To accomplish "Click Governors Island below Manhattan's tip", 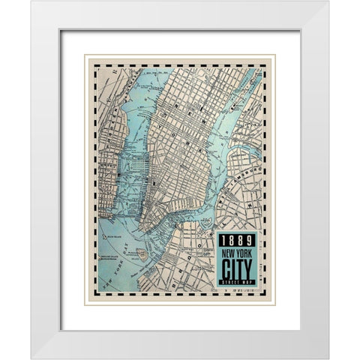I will coord(142,254).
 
